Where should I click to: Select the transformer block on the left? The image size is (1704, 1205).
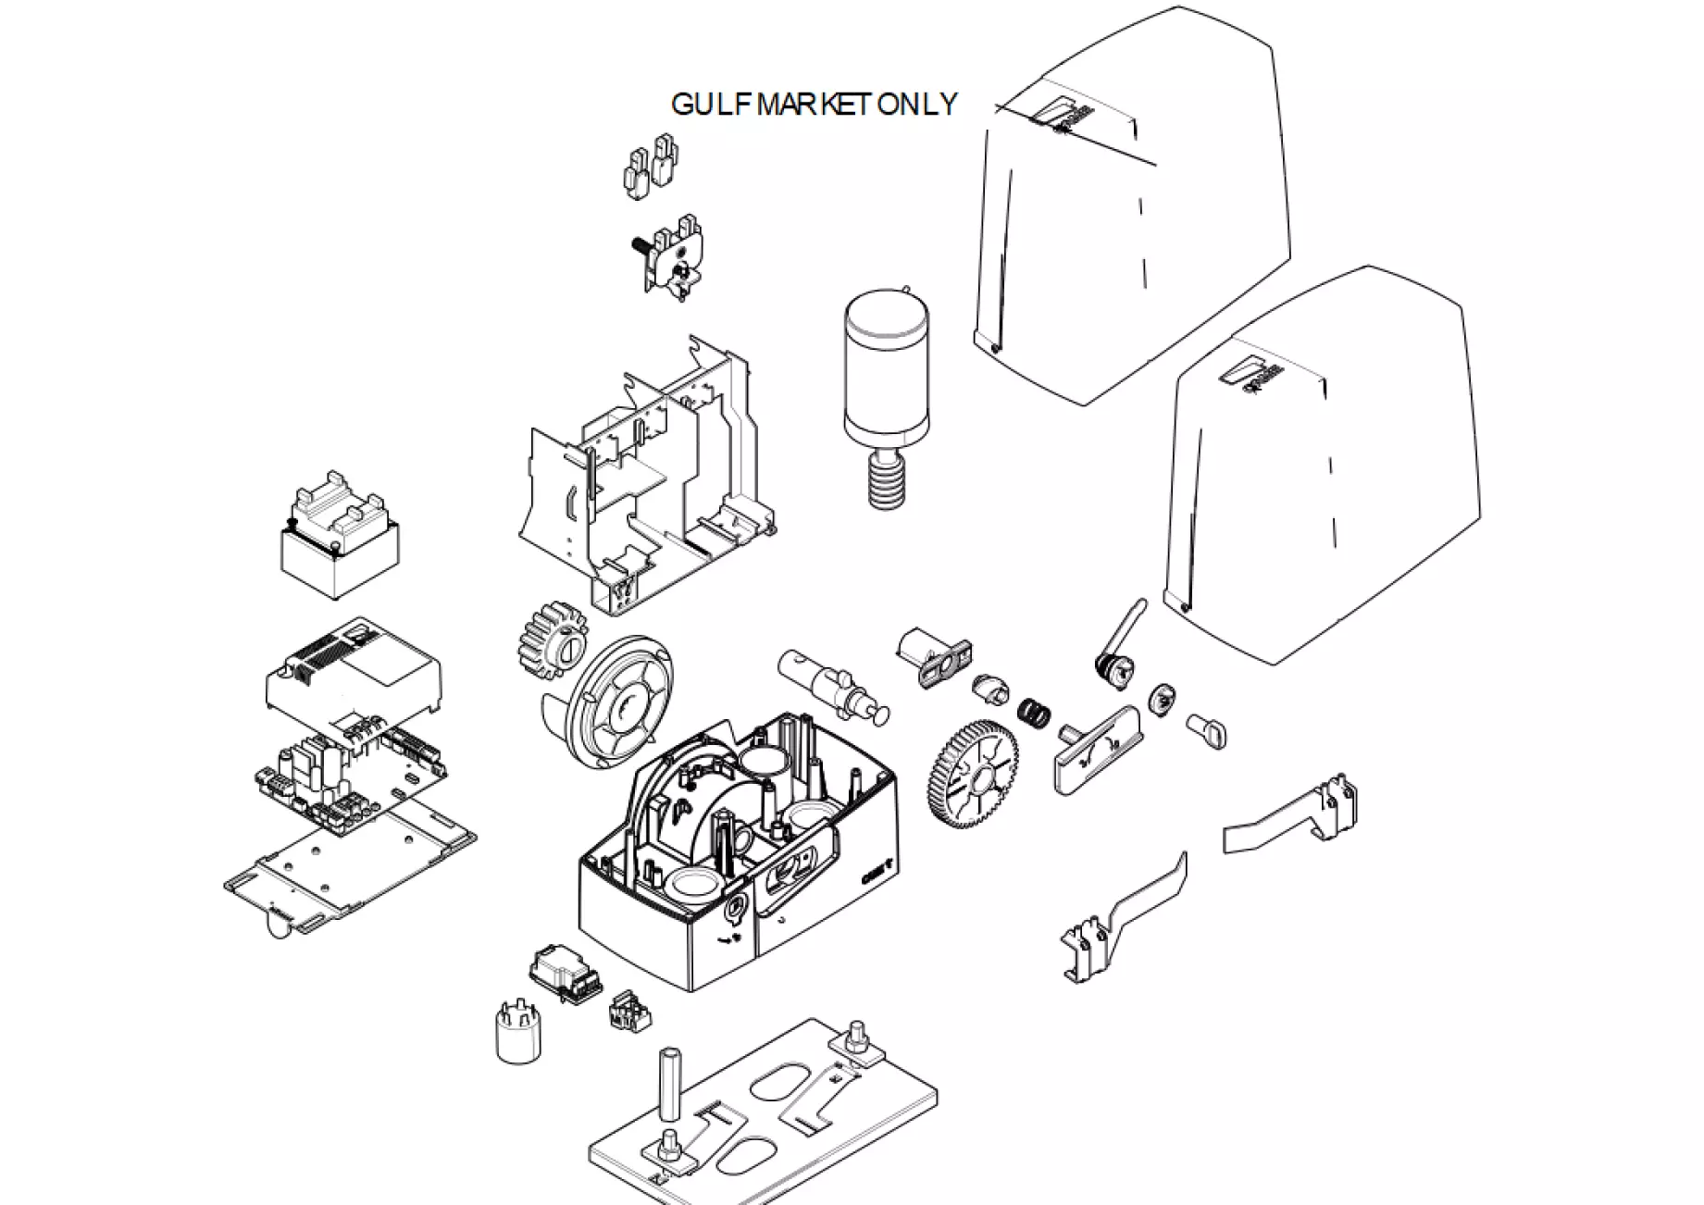340,541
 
